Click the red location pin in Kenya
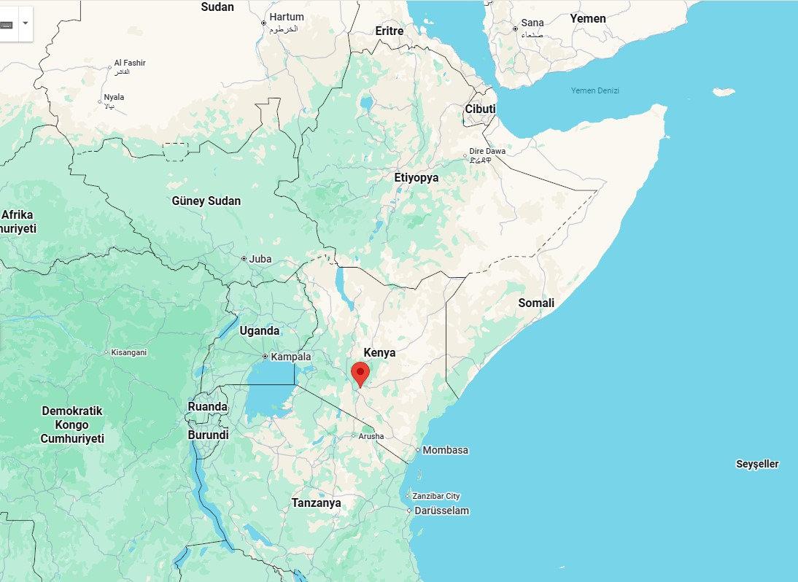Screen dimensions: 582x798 coord(360,373)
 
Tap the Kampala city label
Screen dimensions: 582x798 coord(290,357)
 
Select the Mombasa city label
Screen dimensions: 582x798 coord(445,450)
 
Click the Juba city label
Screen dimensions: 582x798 coord(260,258)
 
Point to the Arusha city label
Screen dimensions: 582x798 coord(371,436)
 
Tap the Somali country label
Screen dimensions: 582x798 coord(536,303)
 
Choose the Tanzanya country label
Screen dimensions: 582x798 coord(316,503)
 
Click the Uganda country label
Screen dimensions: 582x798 coord(259,330)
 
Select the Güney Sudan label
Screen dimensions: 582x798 coord(206,201)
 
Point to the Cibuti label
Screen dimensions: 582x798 coord(480,109)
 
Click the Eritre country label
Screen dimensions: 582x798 coord(389,31)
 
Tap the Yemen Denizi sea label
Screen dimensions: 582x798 coord(594,90)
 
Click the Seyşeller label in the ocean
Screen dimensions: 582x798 coord(757,464)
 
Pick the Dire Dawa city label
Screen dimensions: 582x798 coord(487,151)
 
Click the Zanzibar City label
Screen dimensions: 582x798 coord(436,496)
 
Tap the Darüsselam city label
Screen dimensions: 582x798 coord(441,511)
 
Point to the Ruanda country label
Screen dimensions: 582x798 coord(207,406)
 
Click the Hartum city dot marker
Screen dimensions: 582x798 coord(264,23)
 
